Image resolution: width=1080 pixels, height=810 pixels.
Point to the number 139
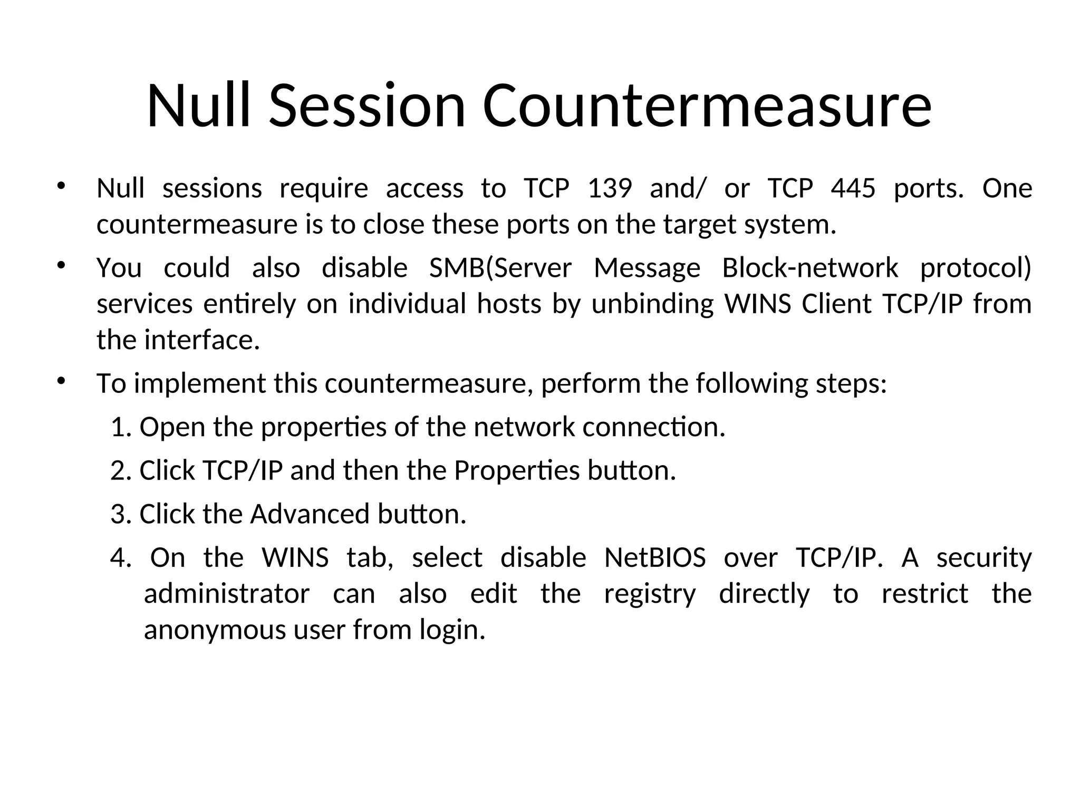610,188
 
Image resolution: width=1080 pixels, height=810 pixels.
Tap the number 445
853,188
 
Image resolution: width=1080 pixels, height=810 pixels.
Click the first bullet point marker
61,186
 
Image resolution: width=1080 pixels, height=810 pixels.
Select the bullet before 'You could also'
61,265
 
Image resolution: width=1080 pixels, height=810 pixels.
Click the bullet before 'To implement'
61,381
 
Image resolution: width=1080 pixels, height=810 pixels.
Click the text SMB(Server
500,268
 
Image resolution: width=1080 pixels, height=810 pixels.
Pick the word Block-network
809,268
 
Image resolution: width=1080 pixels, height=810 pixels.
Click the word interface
201,340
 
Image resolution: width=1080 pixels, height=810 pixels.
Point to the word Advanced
310,514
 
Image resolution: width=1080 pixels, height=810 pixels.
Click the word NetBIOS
654,558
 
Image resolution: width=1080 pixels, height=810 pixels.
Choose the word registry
650,594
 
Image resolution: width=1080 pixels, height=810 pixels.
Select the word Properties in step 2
516,471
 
